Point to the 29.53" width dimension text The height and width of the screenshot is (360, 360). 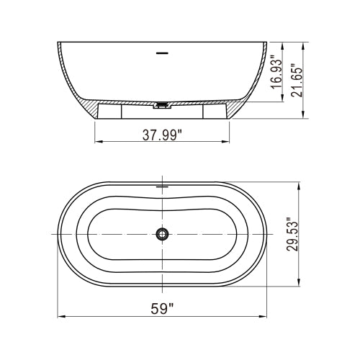[x=291, y=235]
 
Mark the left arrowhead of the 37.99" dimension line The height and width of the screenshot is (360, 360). [x=98, y=140]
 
